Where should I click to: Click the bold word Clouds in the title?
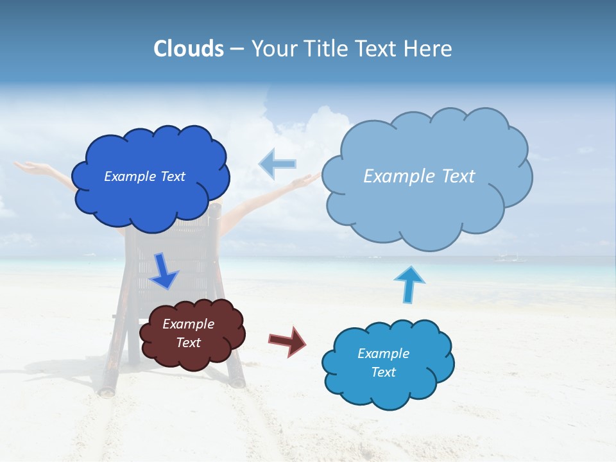189,49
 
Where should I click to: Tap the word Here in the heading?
429,49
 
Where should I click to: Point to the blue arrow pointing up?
409,284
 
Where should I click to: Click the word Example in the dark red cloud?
188,324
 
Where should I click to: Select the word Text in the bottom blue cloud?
383,372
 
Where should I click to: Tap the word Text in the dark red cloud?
188,343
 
